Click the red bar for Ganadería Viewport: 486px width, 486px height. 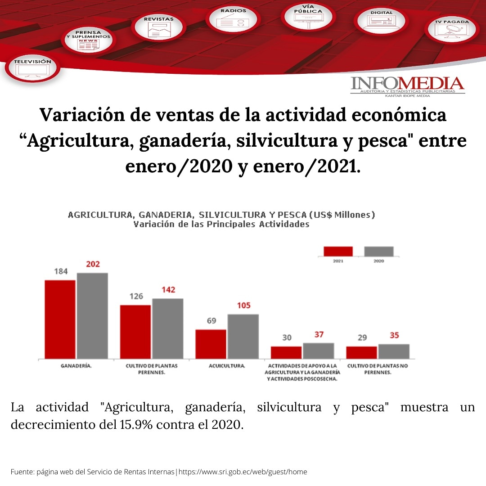[60, 319]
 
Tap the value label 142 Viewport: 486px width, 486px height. [168, 290]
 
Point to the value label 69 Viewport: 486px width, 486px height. [211, 321]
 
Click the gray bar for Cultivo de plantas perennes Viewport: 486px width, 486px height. [167, 328]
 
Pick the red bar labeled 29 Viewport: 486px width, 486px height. [361, 352]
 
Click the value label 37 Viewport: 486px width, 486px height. [319, 335]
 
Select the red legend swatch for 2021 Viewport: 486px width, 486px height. [338, 251]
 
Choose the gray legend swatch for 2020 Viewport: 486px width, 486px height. [378, 251]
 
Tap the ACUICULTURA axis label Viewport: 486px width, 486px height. [227, 366]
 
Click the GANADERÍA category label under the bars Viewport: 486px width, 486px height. [76, 366]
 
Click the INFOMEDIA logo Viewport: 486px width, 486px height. [407, 86]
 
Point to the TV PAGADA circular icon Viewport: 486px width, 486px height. [452, 29]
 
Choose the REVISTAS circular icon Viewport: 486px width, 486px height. [158, 27]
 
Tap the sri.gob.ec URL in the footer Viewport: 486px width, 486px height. [243, 472]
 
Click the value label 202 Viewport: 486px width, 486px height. [93, 264]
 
